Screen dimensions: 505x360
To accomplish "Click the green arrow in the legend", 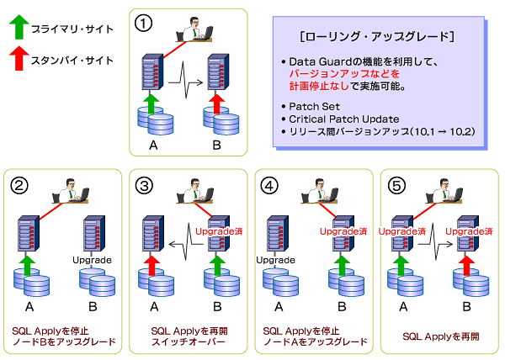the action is [19, 27].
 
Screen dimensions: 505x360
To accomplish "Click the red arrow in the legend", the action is [19, 58].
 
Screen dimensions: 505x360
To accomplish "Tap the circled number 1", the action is [143, 24].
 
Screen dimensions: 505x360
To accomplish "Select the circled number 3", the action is [144, 186].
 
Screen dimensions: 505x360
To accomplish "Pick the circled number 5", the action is [396, 186].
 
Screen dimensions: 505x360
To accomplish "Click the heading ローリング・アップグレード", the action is [377, 37].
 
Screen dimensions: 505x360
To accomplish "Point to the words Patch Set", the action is [314, 107].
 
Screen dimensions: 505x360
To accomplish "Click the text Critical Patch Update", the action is [344, 119].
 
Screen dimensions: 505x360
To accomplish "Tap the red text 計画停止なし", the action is [319, 87].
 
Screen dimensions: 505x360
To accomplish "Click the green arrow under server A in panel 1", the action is [151, 103].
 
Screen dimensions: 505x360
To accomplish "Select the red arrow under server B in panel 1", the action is [216, 103].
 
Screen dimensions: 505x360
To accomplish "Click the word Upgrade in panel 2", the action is [92, 260].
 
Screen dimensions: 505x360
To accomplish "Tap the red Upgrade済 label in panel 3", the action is [219, 231].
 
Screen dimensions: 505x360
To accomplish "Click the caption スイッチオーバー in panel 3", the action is [188, 341].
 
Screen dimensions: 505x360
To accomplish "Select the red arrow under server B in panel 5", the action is [466, 266].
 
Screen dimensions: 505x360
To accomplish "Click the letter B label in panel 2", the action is [93, 307].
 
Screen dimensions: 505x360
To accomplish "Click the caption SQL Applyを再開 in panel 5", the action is [441, 336].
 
